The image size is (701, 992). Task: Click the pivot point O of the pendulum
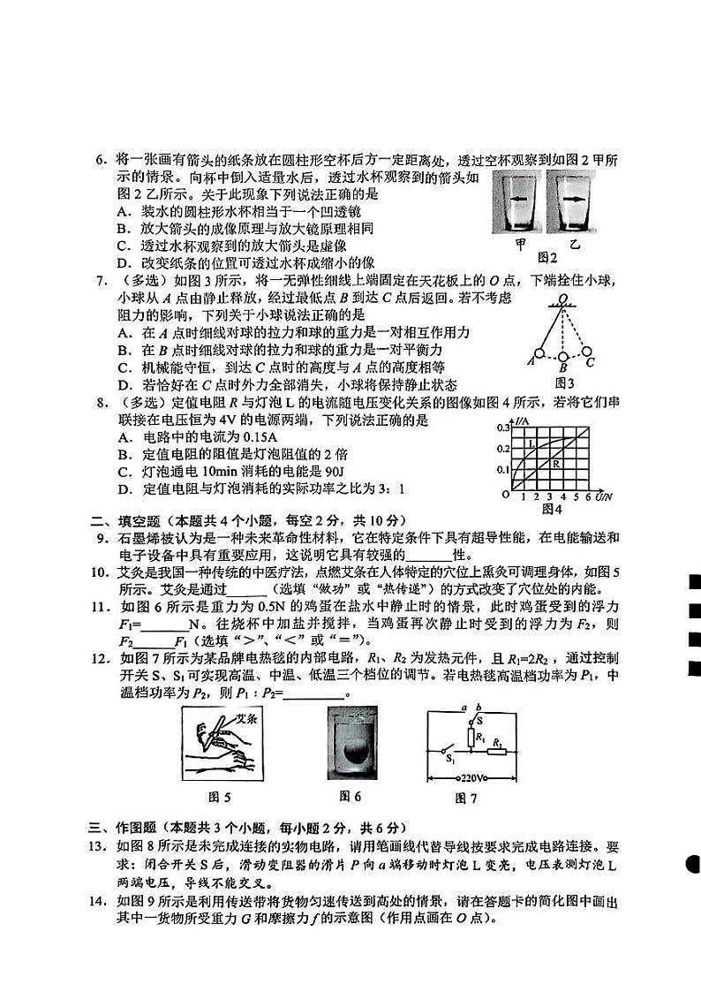point(562,303)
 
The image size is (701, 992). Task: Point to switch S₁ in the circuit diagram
point(449,756)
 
